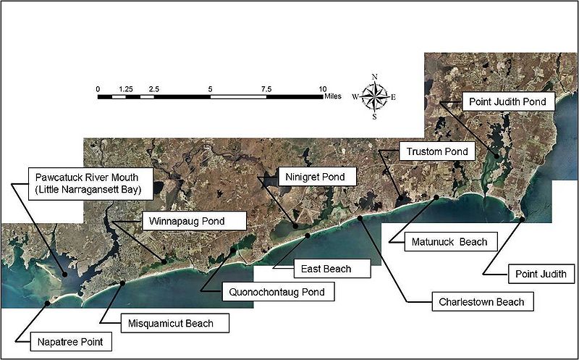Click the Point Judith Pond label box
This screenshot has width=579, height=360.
tap(509, 101)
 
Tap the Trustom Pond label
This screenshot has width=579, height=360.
tap(437, 151)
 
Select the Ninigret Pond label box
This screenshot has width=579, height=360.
tap(316, 177)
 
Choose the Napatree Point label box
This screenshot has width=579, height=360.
tap(70, 342)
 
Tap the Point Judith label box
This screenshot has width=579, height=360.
tap(541, 274)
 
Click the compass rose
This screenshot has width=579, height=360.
tap(374, 97)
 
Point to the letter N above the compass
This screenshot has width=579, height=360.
tap(374, 77)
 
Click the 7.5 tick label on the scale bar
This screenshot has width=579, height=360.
tap(266, 89)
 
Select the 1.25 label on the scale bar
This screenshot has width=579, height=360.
tap(126, 89)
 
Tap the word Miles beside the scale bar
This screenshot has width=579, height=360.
tap(333, 96)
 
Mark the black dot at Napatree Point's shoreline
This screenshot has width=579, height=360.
tap(47, 303)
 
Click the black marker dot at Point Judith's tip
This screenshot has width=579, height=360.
tap(522, 219)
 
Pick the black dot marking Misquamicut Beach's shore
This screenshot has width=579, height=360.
tap(122, 282)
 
